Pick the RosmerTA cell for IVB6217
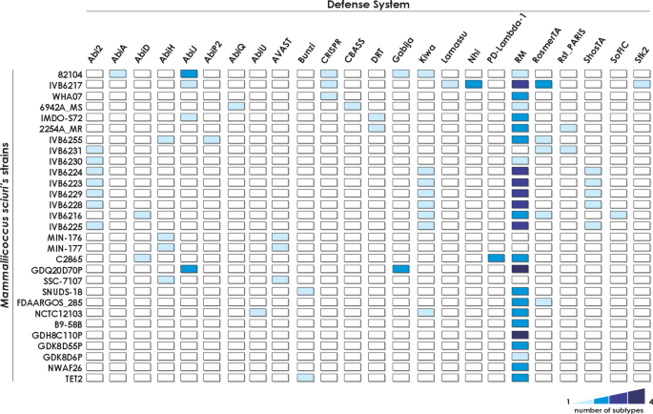543,85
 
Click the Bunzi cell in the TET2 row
306,378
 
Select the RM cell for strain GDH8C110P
520,335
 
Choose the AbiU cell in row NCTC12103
258,313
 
